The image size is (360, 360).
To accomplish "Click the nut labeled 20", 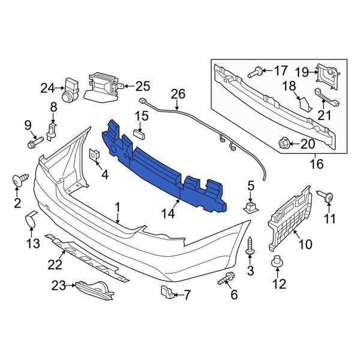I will click(285, 143).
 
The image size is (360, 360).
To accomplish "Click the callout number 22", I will click(55, 263).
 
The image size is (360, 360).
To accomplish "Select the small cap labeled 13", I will click(31, 222).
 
